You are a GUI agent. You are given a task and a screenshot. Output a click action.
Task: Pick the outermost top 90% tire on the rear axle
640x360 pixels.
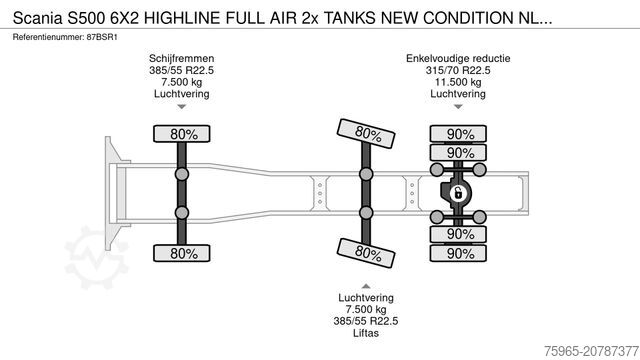pyautogui.click(x=460, y=134)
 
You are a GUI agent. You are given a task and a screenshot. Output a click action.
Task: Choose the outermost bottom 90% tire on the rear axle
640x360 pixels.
pyautogui.click(x=460, y=253)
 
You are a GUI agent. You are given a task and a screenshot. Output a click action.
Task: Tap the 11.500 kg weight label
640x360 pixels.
pyautogui.click(x=457, y=83)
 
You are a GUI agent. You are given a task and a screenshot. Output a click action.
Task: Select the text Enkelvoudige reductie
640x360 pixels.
pyautogui.click(x=457, y=59)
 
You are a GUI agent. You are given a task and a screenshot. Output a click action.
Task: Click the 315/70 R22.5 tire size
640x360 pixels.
pyautogui.click(x=457, y=71)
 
